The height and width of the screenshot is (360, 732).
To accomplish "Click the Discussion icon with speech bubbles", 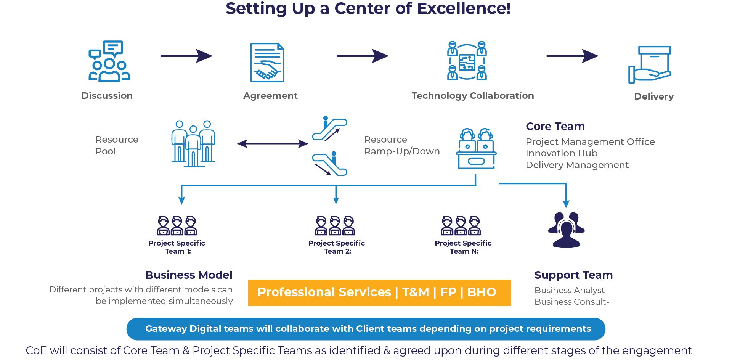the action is point(109,61).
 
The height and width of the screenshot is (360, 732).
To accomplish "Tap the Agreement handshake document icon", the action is point(267,63).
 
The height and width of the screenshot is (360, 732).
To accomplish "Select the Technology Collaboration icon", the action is point(467,61).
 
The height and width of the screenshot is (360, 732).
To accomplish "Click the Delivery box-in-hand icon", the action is point(650,64).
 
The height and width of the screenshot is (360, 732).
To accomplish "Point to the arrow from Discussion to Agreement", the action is point(186,56).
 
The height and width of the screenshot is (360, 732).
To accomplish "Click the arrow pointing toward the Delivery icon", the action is point(572,56).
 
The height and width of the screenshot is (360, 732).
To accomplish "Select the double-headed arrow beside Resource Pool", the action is point(273,144).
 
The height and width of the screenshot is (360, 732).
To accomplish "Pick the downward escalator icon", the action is point(330,164).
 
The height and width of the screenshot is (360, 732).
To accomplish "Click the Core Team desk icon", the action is point(476,149).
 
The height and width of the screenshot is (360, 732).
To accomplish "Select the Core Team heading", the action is point(555,126).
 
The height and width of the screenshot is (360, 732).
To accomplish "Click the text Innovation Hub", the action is point(562,153).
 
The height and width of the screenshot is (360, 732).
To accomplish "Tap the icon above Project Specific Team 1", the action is point(177,226).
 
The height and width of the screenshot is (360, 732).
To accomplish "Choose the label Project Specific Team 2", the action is point(337,247).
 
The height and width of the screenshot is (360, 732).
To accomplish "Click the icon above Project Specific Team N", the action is point(461,226).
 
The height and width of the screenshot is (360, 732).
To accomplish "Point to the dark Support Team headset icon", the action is point(567,230).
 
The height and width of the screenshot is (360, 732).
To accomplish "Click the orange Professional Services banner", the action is point(380,293).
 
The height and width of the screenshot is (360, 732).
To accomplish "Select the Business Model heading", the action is point(189,275).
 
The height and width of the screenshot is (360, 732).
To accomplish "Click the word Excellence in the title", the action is point(461,8).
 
